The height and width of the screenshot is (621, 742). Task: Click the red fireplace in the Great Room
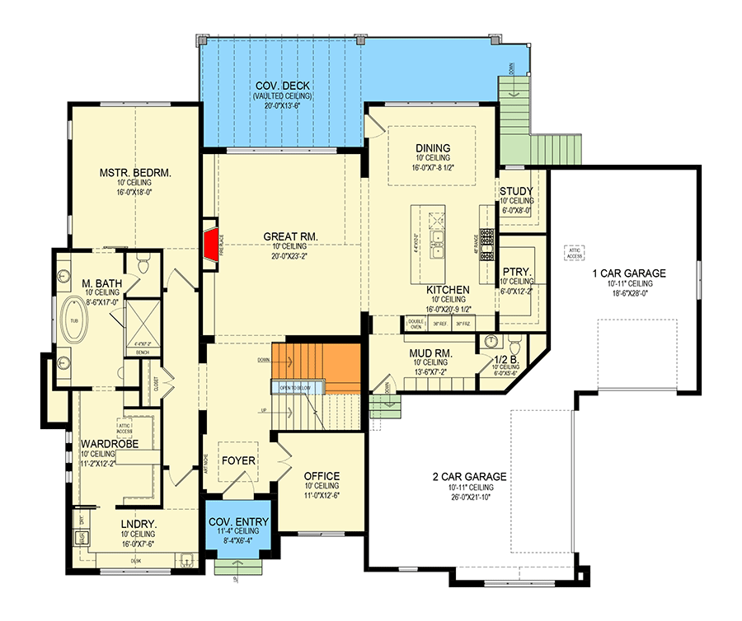pos(211,244)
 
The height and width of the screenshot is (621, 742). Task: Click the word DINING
pos(432,148)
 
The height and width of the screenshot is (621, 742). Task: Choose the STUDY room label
pos(517,192)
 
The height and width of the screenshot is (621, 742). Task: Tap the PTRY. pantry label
pos(517,271)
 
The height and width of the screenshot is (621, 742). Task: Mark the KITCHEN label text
pos(448,291)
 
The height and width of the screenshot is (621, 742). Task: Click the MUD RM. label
pos(427,353)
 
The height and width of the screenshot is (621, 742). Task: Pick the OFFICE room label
pos(322,476)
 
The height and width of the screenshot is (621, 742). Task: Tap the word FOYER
pos(237,460)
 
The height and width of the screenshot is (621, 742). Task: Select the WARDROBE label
pos(109,444)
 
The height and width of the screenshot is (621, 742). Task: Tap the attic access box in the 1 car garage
pos(573,252)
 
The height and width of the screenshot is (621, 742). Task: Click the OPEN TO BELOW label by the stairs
pos(294,387)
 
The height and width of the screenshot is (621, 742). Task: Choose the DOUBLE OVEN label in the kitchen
pos(415,324)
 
